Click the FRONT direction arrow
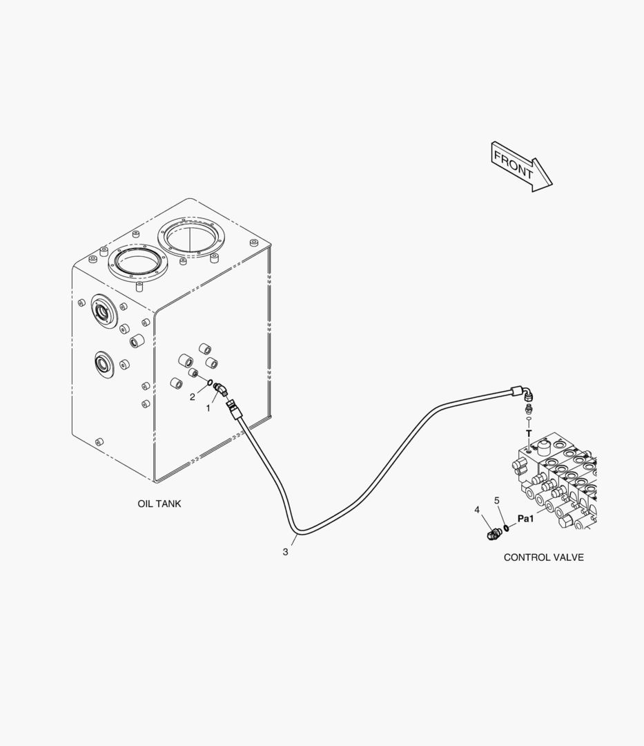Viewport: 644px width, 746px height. point(521,166)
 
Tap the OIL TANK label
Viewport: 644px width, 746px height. point(159,504)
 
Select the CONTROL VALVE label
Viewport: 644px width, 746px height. point(544,557)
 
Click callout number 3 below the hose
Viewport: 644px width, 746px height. point(285,552)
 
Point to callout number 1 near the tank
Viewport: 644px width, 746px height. point(208,408)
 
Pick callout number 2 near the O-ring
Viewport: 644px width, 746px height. point(193,396)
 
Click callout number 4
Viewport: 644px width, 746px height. point(477,510)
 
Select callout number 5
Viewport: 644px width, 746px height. point(497,501)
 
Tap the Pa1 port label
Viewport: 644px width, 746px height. point(526,519)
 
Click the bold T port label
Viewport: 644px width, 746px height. point(529,433)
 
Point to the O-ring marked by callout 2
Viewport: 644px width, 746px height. point(210,381)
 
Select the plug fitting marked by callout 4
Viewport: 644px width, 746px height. point(494,533)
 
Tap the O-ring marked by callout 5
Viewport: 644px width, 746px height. point(507,527)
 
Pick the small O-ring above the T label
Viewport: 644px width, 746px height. point(529,419)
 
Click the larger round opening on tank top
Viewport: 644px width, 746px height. point(191,237)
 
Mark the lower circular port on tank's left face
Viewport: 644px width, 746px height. point(103,365)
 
